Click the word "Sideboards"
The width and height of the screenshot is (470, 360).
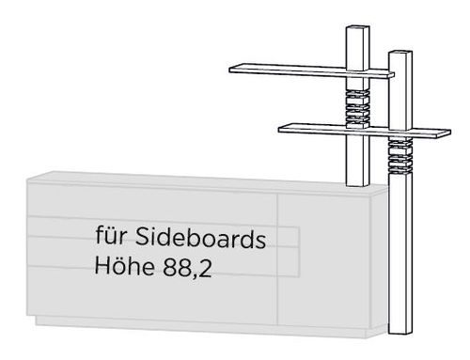(200, 237)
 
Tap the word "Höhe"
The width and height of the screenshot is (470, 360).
(124, 266)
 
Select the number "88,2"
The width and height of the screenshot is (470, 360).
(187, 267)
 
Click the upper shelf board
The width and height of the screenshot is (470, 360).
(311, 70)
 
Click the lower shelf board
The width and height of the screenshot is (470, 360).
(365, 131)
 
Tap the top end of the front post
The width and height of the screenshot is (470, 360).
(400, 53)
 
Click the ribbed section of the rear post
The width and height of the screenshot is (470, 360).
(357, 108)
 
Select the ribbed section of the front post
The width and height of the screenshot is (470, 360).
(400, 156)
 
